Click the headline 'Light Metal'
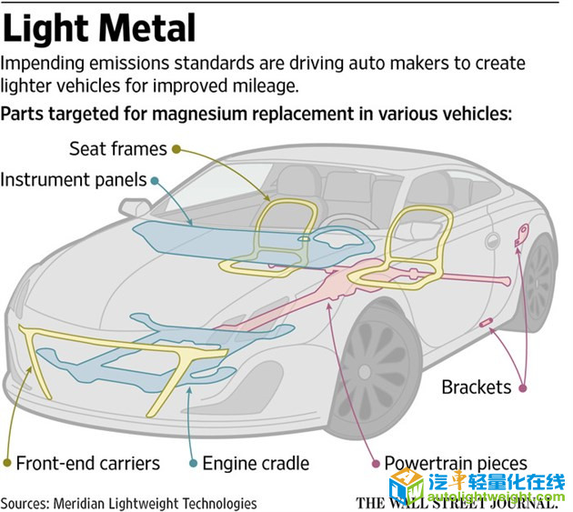coord(99,28)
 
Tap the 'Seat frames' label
coord(118,148)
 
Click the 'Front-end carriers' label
coord(87,463)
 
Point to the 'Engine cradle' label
coord(256,463)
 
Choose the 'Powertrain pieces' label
coord(455,463)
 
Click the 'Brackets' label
coord(476,387)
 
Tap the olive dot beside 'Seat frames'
coord(176,148)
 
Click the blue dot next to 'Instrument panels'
coord(156,180)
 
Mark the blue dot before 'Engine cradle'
coord(193,463)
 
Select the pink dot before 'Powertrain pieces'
coord(374,463)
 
